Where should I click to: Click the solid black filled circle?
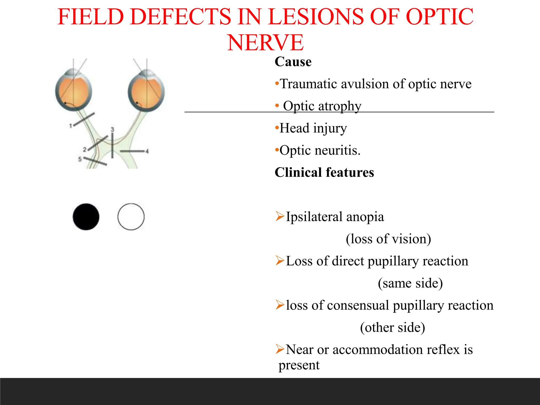click(86, 217)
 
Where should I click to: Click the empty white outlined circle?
click(131, 217)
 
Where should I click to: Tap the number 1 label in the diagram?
click(70, 126)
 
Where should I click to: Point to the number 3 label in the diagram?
click(112, 129)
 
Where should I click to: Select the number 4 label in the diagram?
click(147, 151)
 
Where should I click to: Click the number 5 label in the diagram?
click(80, 159)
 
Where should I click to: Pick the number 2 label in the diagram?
click(85, 150)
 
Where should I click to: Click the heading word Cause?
click(293, 62)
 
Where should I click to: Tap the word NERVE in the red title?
click(265, 43)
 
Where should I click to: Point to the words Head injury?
click(313, 128)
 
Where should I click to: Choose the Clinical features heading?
click(324, 172)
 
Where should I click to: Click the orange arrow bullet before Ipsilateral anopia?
click(279, 216)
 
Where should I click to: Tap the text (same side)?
click(410, 283)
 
